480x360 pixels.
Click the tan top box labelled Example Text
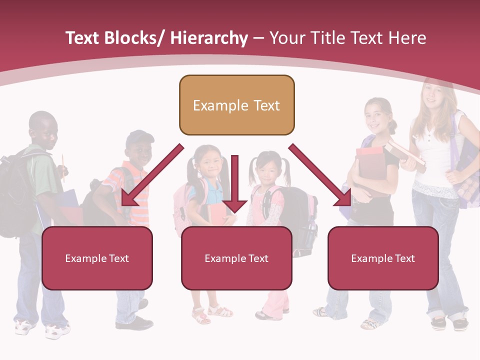pyautogui.click(x=236, y=105)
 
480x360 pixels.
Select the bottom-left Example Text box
pyautogui.click(x=97, y=258)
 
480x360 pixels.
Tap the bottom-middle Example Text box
pyautogui.click(x=236, y=258)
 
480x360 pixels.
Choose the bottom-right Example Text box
pyautogui.click(x=383, y=258)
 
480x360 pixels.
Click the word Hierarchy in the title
pyautogui.click(x=209, y=38)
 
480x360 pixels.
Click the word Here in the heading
pyautogui.click(x=407, y=38)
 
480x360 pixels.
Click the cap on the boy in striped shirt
pyautogui.click(x=138, y=137)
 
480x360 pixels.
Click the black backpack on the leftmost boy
pyautogui.click(x=15, y=195)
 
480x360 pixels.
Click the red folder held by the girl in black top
pyautogui.click(x=371, y=165)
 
